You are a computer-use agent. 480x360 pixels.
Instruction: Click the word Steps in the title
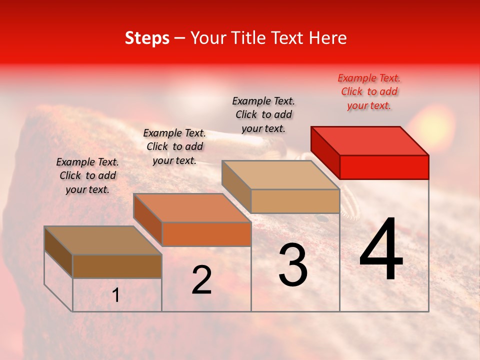147,38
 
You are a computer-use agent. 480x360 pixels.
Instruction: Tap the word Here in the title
325,38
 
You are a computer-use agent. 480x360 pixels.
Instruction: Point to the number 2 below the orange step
201,280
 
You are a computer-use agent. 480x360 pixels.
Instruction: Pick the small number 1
115,295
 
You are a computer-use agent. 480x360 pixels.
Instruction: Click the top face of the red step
370,140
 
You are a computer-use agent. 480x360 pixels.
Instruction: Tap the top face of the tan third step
281,175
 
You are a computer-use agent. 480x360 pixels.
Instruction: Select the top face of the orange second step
192,208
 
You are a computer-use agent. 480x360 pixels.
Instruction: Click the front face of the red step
384,167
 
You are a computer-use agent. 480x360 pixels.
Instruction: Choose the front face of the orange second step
206,234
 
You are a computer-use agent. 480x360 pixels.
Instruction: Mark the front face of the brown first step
117,266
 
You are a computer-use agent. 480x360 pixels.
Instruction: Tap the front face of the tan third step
295,201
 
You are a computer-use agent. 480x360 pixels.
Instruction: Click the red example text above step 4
369,91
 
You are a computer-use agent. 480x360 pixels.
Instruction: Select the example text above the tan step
263,114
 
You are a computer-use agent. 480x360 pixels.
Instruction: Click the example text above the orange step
174,146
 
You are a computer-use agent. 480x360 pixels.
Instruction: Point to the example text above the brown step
87,175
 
